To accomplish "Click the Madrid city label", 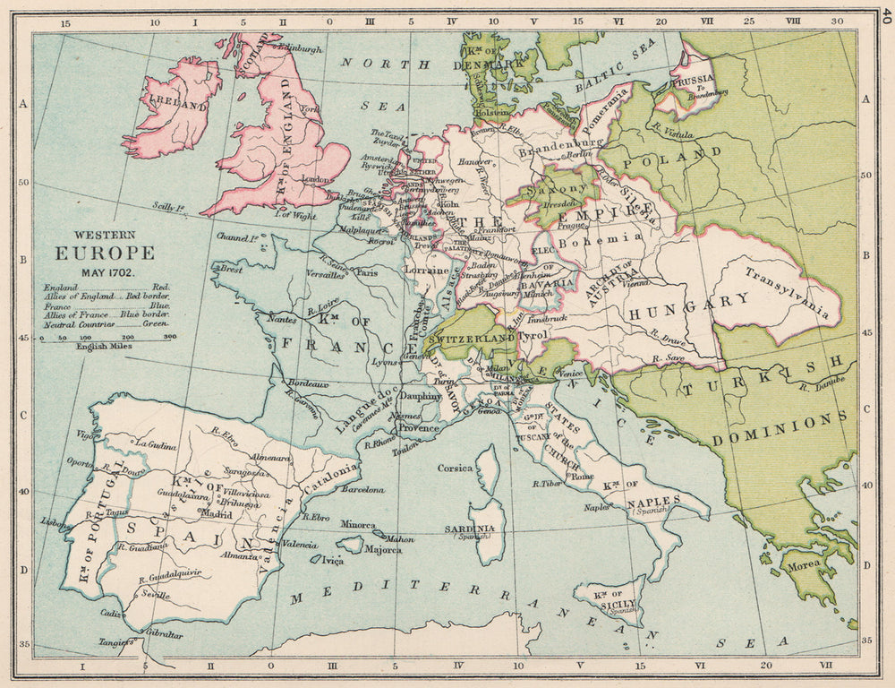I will point(217,514).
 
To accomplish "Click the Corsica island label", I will point(455,468).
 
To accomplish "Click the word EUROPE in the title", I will point(105,254).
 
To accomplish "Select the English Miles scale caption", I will point(106,346).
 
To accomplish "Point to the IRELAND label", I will point(178,105).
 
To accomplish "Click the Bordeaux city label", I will point(305,383).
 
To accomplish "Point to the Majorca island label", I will point(383,548).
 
